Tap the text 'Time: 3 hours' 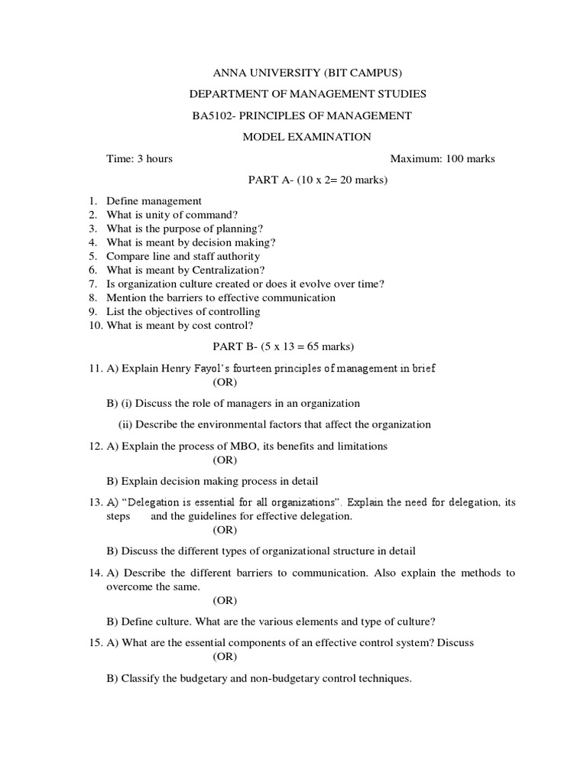point(139,159)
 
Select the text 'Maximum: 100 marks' point(443,159)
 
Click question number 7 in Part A point(92,284)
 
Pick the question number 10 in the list point(94,325)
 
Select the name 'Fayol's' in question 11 point(222,368)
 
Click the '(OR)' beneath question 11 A point(225,382)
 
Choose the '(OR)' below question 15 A point(225,657)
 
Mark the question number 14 point(93,573)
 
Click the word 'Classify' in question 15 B point(140,678)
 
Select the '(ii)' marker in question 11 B point(125,424)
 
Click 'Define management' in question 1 point(154,201)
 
